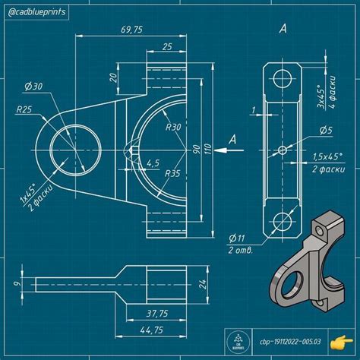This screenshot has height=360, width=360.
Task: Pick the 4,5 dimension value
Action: pyautogui.click(x=153, y=163)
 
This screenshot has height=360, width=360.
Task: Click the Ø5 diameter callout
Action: pyautogui.click(x=324, y=131)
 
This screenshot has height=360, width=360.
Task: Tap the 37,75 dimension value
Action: pyautogui.click(x=156, y=313)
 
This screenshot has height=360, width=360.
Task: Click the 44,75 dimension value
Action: pyautogui.click(x=151, y=330)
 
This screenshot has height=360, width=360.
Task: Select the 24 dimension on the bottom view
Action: pyautogui.click(x=202, y=285)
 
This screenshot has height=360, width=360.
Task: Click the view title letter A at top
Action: pyautogui.click(x=283, y=30)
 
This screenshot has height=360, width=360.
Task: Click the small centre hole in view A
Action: pyautogui.click(x=283, y=150)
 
